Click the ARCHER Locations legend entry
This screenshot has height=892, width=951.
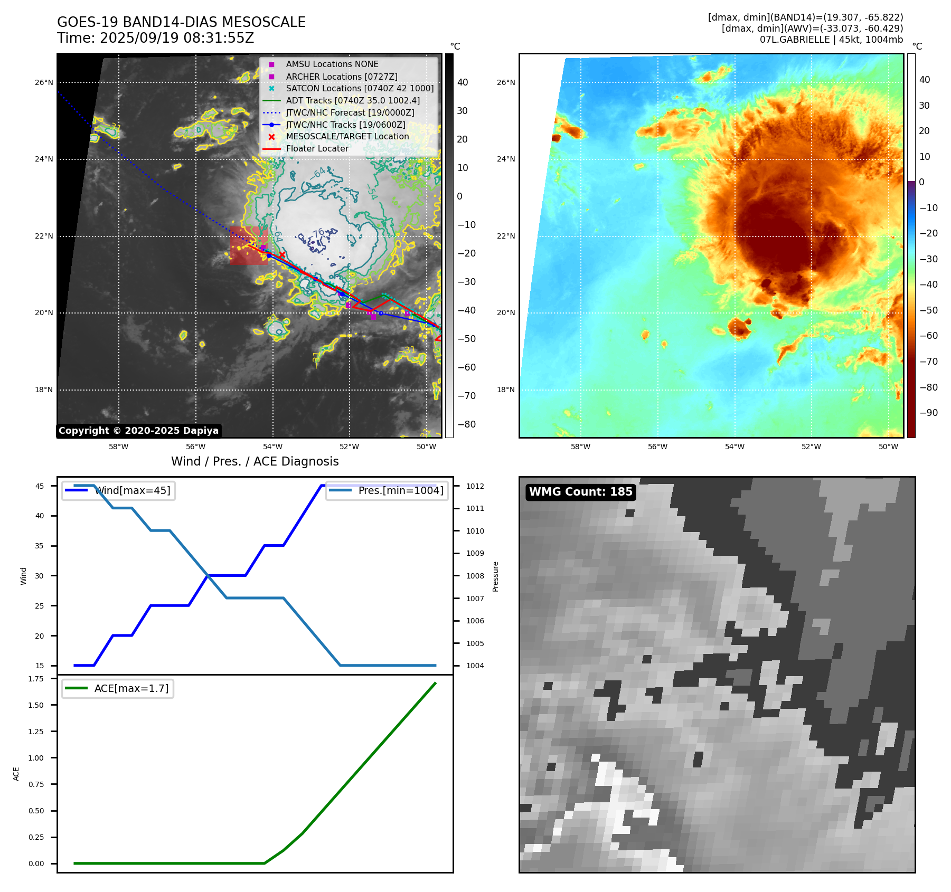[x=342, y=77]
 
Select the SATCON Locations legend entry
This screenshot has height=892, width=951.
[x=360, y=88]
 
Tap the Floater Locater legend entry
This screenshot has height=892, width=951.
[x=317, y=148]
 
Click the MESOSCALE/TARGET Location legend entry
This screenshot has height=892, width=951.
[x=347, y=136]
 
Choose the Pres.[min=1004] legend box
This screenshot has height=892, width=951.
[x=387, y=490]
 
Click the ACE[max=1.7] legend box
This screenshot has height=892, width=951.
[x=118, y=688]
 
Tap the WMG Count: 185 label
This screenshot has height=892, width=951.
[x=580, y=492]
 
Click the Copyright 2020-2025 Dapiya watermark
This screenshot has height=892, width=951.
[x=138, y=431]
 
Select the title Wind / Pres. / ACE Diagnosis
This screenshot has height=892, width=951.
[x=255, y=461]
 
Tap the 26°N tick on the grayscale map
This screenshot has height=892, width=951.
[x=44, y=82]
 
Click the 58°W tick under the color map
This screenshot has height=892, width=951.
[x=580, y=447]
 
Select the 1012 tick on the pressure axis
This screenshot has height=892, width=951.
[x=475, y=486]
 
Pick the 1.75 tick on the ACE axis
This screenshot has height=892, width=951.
[x=36, y=679]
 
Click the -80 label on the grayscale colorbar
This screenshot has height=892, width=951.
[x=466, y=424]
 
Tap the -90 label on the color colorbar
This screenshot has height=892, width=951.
[x=928, y=413]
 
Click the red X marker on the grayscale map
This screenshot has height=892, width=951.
[x=282, y=255]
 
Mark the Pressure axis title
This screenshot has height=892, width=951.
[x=495, y=576]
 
